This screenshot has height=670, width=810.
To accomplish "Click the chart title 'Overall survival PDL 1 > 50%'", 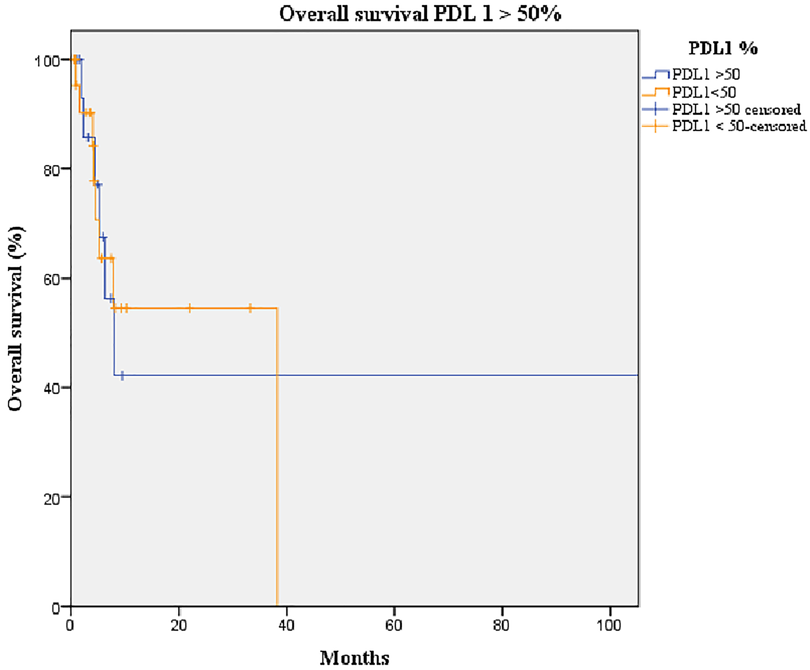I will click(420, 14).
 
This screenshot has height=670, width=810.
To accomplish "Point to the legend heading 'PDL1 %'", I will click(723, 48).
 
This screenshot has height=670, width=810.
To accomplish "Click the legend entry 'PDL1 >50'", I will click(706, 75).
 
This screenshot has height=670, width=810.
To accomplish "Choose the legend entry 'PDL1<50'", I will click(704, 92).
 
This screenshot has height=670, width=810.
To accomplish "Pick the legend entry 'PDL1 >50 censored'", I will click(736, 109).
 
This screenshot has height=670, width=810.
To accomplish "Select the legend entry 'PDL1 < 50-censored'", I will click(739, 126).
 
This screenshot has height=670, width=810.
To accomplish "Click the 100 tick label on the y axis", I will click(47, 62).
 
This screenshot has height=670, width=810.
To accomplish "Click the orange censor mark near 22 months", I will click(190, 308).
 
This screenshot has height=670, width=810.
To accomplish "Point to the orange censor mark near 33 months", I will click(250, 308).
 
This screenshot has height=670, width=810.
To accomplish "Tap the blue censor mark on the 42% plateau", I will click(122, 376).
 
